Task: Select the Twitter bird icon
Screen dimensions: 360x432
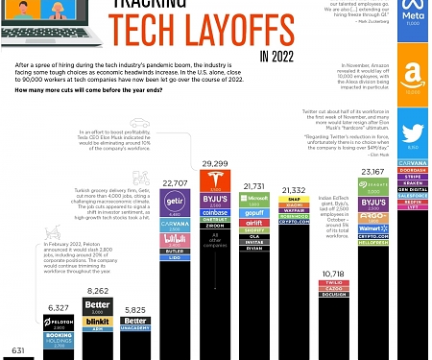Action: click(x=414, y=133)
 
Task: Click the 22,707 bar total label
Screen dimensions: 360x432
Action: click(x=175, y=182)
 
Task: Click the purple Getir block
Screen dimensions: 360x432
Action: click(x=174, y=203)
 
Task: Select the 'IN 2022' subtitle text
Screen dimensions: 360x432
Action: click(x=276, y=54)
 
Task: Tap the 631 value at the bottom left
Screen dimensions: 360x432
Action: click(x=12, y=351)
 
